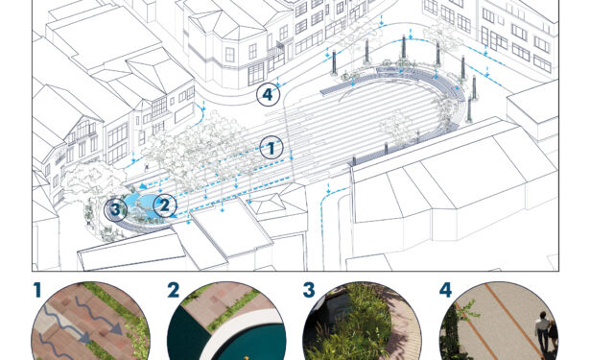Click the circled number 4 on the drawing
pyautogui.click(x=268, y=94)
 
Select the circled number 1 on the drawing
pyautogui.click(x=271, y=148)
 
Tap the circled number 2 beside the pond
pyautogui.click(x=165, y=205)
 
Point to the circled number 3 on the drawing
pyautogui.click(x=115, y=209)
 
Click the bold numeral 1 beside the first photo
pyautogui.click(x=36, y=290)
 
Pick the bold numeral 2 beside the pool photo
pyautogui.click(x=173, y=290)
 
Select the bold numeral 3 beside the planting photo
pyautogui.click(x=309, y=290)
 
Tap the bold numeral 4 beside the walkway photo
pyautogui.click(x=445, y=290)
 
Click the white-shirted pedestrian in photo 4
pyautogui.click(x=542, y=332)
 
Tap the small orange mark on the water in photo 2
pyautogui.click(x=247, y=357)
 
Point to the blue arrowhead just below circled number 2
pyautogui.click(x=173, y=216)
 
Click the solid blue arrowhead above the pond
pyautogui.click(x=143, y=185)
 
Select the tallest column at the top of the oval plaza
pyautogui.click(x=404, y=47)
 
